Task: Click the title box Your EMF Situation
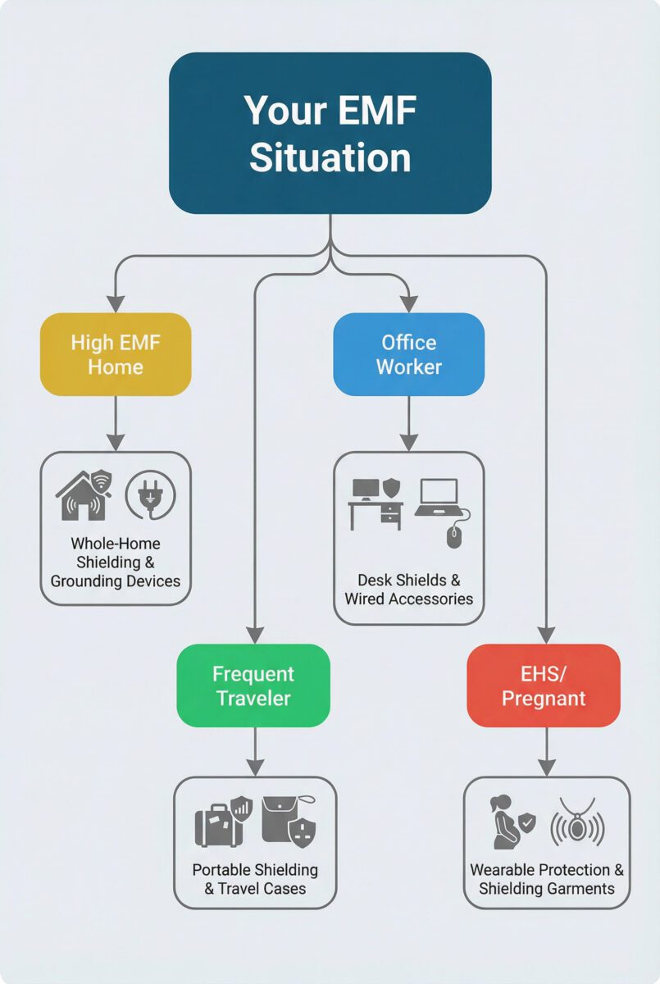(x=330, y=133)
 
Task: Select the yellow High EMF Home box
(x=116, y=354)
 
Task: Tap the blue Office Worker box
(x=408, y=354)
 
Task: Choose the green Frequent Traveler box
(x=253, y=686)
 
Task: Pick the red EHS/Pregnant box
(x=544, y=686)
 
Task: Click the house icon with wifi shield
(x=84, y=495)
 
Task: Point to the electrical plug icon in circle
(x=149, y=495)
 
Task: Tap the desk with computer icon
(x=376, y=503)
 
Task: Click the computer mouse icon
(x=455, y=536)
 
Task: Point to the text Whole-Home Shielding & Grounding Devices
(x=116, y=563)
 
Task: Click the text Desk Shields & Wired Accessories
(x=408, y=590)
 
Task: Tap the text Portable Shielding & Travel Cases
(x=255, y=879)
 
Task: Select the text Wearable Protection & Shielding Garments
(x=547, y=879)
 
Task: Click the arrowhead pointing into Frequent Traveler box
(x=254, y=635)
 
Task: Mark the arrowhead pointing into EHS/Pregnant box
(x=546, y=635)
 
